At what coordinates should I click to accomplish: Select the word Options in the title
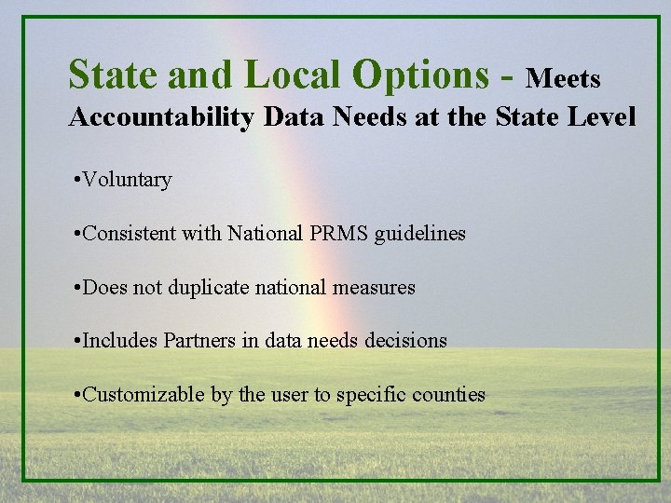click(422, 75)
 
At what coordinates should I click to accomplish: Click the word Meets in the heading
click(563, 78)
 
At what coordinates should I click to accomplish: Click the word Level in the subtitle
click(603, 117)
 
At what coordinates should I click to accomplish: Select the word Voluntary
click(127, 180)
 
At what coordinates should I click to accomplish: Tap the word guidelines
click(419, 234)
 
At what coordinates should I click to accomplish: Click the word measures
click(373, 288)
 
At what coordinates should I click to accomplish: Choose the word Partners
click(201, 341)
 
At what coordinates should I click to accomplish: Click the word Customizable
click(144, 395)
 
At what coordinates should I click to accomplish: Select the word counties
click(450, 395)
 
